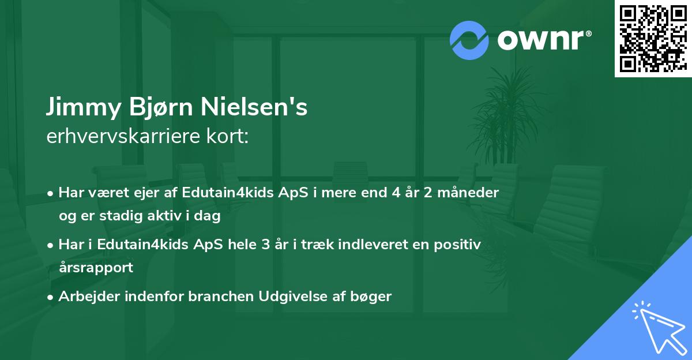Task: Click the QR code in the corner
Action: click(x=653, y=39)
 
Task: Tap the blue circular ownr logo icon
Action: click(x=469, y=40)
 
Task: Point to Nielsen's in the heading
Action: click(x=254, y=108)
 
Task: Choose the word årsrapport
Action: click(x=96, y=267)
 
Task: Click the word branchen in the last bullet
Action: click(x=225, y=297)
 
